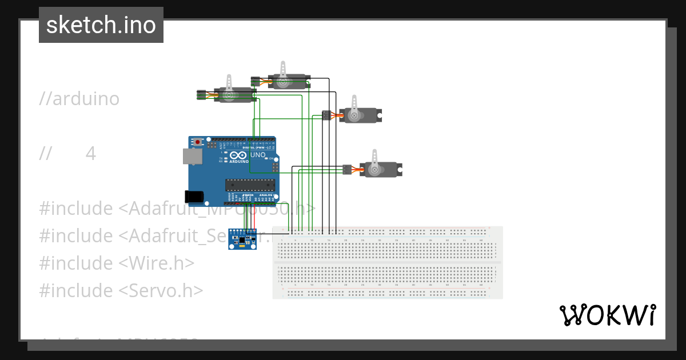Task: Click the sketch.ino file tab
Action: point(101,25)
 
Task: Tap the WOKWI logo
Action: point(607,315)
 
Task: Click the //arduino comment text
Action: point(79,99)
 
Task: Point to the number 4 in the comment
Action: point(91,154)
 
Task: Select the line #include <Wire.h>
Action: point(117,263)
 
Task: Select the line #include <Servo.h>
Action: point(121,290)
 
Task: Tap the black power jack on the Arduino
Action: point(194,196)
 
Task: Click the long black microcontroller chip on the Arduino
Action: point(250,184)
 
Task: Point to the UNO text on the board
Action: point(258,155)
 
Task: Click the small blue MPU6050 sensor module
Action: point(242,239)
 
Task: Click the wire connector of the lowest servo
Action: point(346,169)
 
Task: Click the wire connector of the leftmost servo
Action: point(201,95)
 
